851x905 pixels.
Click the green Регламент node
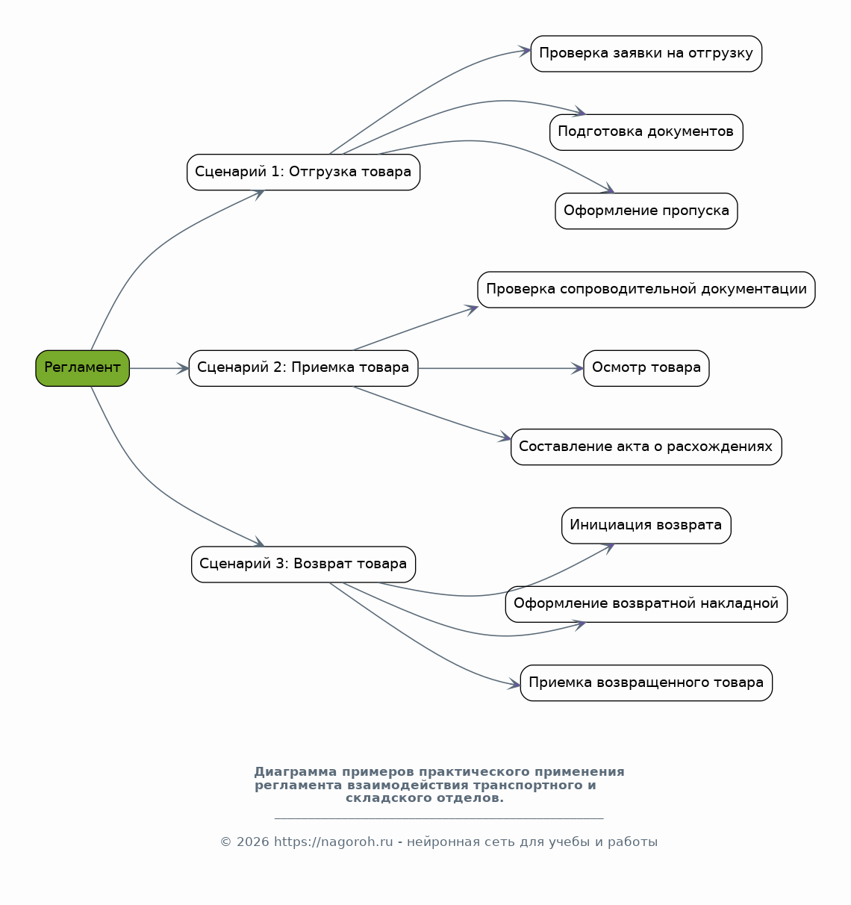tap(82, 368)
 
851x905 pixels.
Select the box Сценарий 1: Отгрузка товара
tap(303, 172)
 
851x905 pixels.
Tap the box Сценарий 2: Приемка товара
tap(303, 368)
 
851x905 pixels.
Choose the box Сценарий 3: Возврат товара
tap(303, 565)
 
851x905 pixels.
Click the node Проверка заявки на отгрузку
tap(646, 54)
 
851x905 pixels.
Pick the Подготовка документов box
tap(646, 132)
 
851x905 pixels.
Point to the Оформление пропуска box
tap(646, 211)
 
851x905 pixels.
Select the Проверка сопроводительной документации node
tap(646, 290)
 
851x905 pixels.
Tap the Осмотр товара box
tap(646, 368)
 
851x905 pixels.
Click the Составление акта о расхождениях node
tap(646, 447)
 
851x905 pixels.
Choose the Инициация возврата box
tap(646, 526)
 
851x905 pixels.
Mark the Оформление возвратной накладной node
tap(646, 604)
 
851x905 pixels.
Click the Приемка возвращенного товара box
tap(646, 682)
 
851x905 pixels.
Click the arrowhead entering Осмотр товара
tap(578, 368)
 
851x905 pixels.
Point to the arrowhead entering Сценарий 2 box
tap(183, 368)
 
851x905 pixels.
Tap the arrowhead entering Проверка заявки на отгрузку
tap(525, 51)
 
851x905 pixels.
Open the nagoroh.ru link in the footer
tap(333, 842)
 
